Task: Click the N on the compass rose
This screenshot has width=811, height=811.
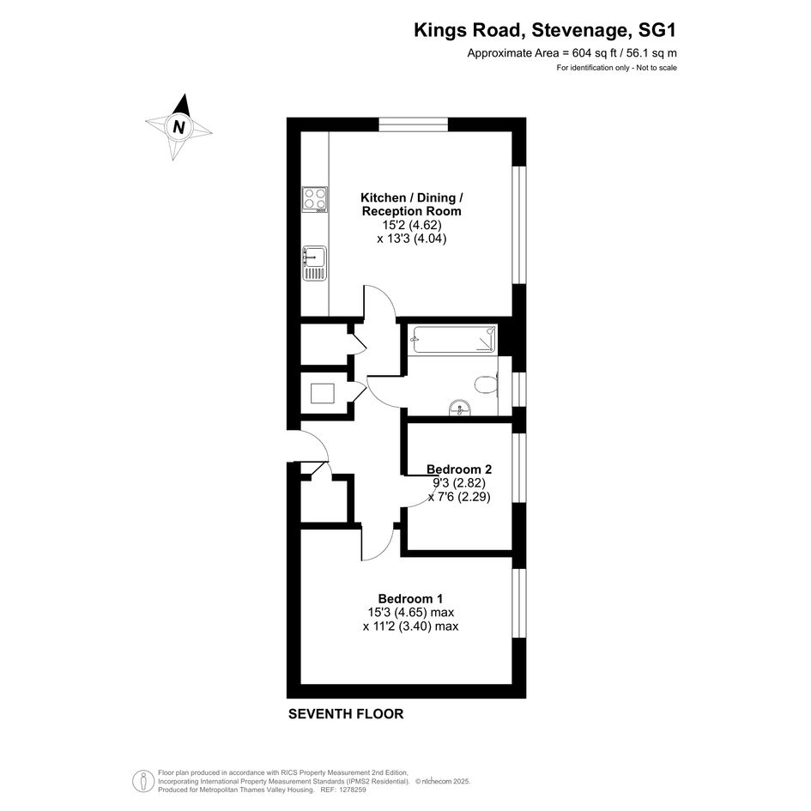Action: click(179, 127)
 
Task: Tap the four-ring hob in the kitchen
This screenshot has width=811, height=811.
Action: click(315, 199)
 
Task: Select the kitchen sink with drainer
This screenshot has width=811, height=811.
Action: click(314, 263)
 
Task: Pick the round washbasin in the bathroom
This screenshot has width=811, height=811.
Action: click(460, 409)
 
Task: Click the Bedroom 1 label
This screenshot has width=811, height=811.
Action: click(410, 598)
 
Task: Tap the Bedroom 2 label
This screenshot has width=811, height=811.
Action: click(459, 469)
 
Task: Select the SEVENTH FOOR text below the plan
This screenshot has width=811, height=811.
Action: click(346, 714)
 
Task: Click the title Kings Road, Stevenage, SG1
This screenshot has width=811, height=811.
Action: click(545, 30)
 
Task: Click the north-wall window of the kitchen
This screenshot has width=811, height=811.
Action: click(414, 124)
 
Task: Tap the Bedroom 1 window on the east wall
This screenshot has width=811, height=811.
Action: click(518, 603)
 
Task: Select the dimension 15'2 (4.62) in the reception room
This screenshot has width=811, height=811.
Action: click(412, 225)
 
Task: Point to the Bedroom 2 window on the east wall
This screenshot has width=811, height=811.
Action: click(518, 468)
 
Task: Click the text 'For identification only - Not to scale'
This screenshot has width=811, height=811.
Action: click(616, 68)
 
